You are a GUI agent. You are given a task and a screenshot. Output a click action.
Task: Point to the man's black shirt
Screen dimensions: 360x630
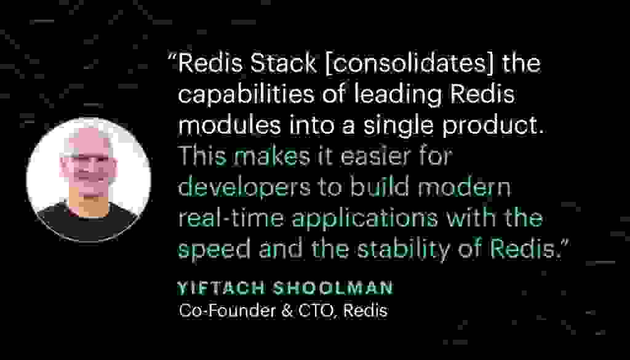click(x=86, y=221)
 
